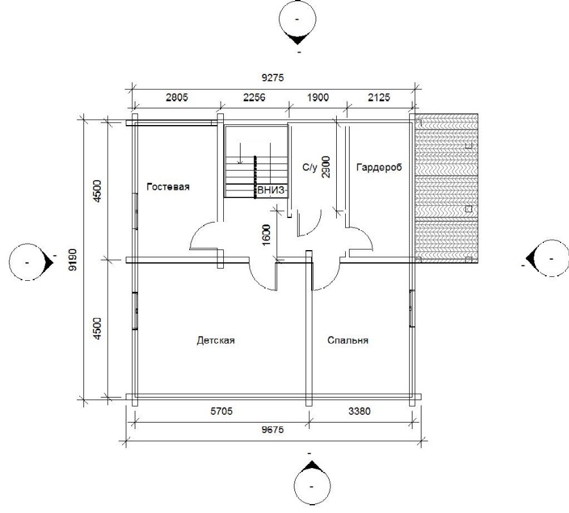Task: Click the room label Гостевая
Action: (168, 187)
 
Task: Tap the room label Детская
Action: (216, 341)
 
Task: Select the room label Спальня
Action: (348, 341)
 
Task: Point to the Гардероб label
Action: (379, 167)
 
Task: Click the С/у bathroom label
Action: (310, 167)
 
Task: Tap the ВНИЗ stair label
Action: (272, 190)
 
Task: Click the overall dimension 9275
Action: (273, 78)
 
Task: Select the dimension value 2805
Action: (176, 97)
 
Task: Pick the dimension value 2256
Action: (254, 97)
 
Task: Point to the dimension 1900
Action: (318, 97)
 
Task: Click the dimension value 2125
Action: (379, 97)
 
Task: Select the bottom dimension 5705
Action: (221, 411)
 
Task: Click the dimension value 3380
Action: (359, 411)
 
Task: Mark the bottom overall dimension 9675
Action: (273, 430)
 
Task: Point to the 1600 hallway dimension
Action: (266, 235)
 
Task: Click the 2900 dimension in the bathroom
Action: (326, 167)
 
